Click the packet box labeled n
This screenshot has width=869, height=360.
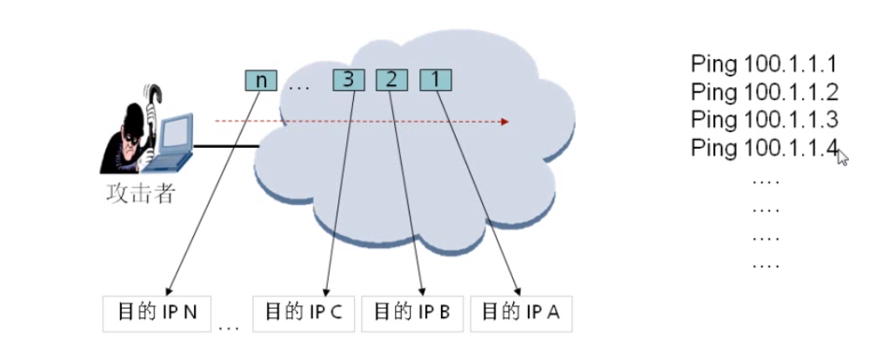pyautogui.click(x=261, y=81)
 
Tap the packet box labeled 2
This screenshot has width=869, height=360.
pyautogui.click(x=391, y=81)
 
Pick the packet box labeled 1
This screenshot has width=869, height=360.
pyautogui.click(x=436, y=81)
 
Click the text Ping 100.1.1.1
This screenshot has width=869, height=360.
pyautogui.click(x=764, y=64)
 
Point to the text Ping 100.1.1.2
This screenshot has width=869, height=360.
pyautogui.click(x=764, y=91)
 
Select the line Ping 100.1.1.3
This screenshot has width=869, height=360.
pyautogui.click(x=764, y=119)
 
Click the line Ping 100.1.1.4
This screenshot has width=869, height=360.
pyautogui.click(x=764, y=147)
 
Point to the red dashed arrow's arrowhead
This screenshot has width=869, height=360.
pyautogui.click(x=504, y=122)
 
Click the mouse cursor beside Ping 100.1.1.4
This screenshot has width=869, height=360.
pyautogui.click(x=842, y=157)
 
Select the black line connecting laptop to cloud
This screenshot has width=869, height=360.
pyautogui.click(x=226, y=147)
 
